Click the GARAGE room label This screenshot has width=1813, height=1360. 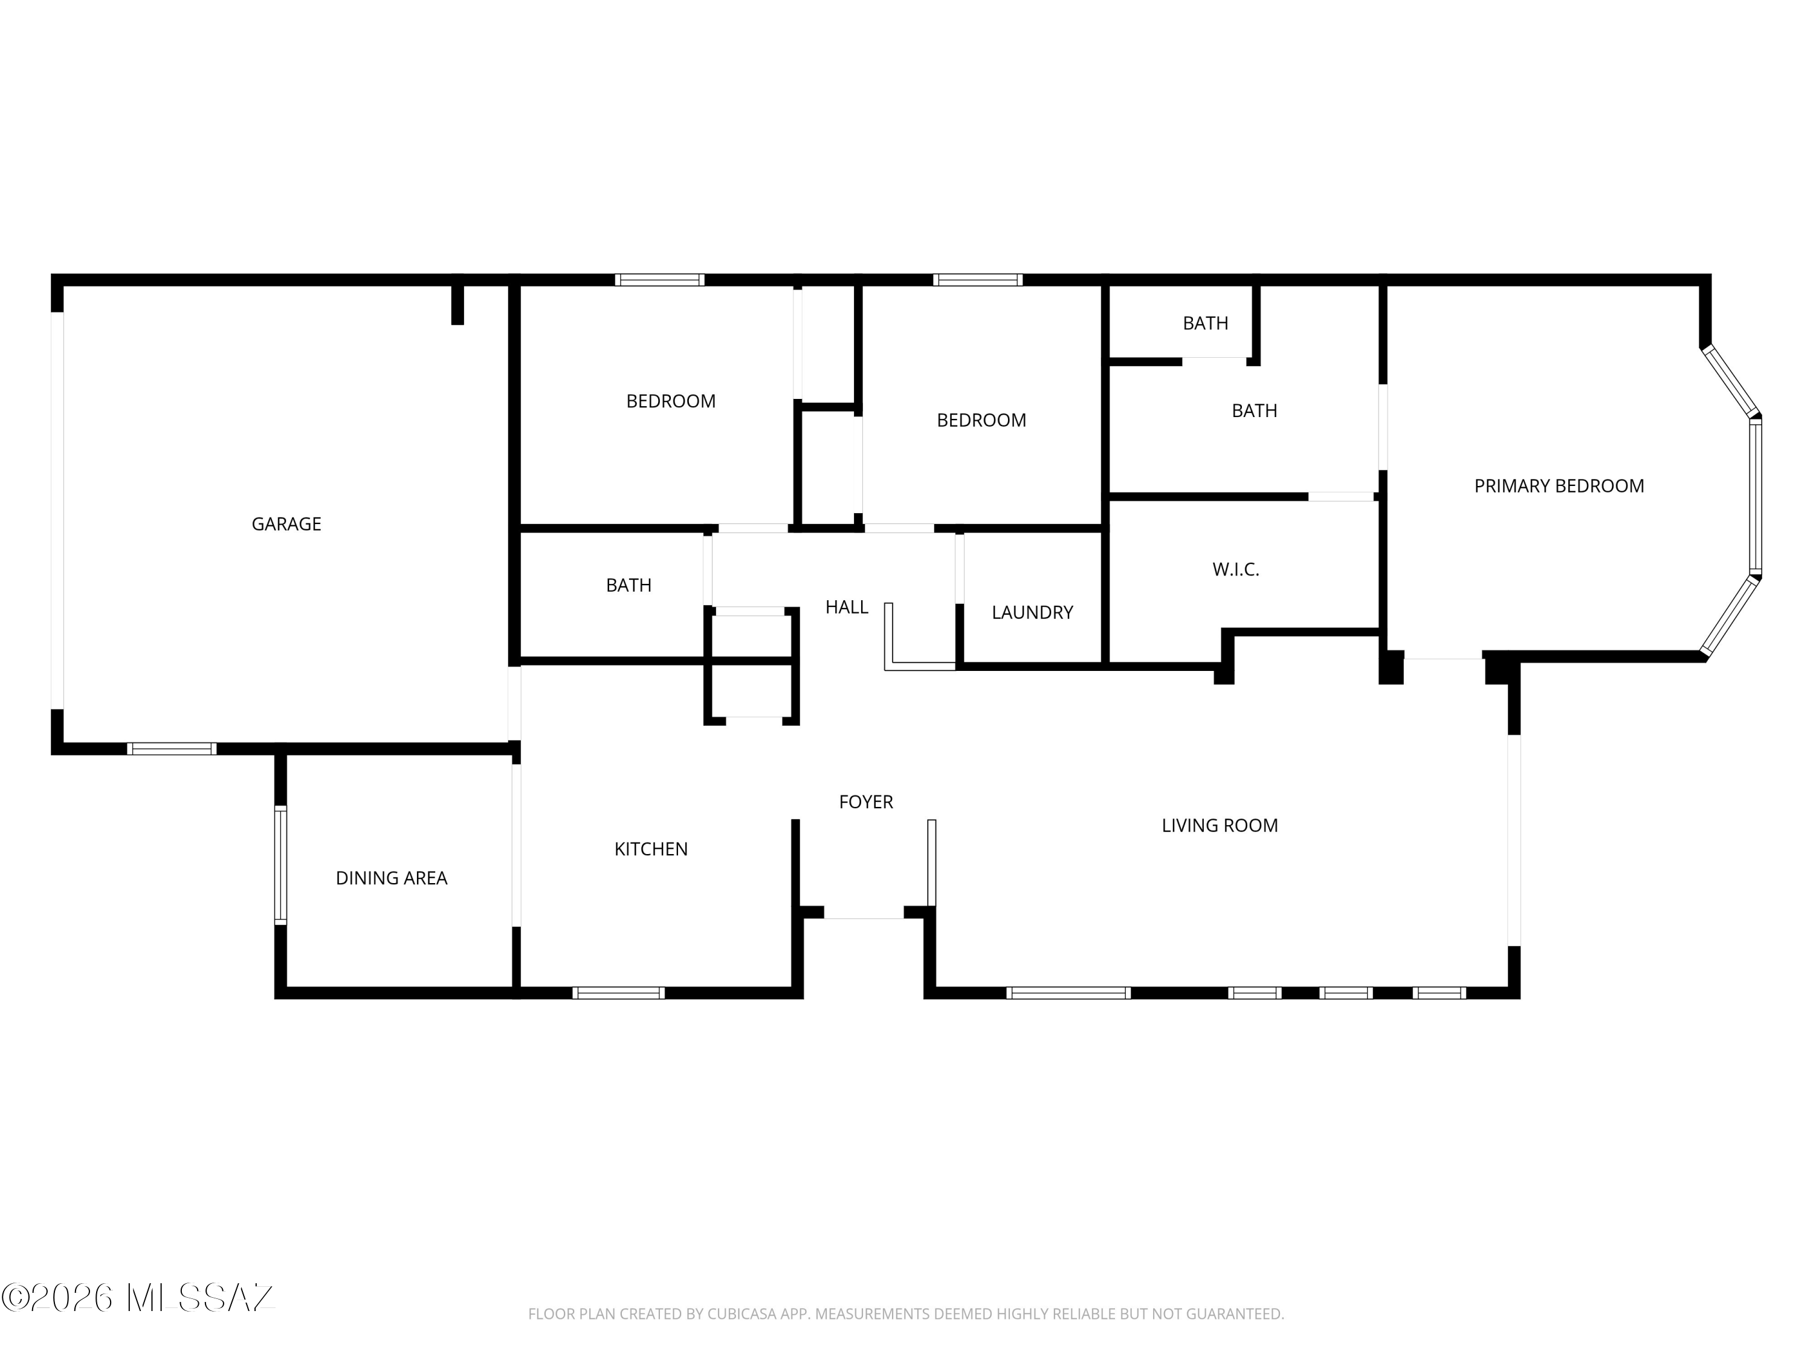pyautogui.click(x=286, y=524)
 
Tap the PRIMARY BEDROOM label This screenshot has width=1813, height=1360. pyautogui.click(x=1559, y=486)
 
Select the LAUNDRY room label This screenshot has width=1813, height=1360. pyautogui.click(x=1032, y=612)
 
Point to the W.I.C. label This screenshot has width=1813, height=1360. pyautogui.click(x=1236, y=569)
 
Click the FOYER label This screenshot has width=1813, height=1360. pyautogui.click(x=865, y=801)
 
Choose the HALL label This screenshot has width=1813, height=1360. pyautogui.click(x=847, y=607)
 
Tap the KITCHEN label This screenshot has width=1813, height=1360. pyautogui.click(x=651, y=849)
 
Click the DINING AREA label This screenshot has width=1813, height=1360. pyautogui.click(x=391, y=878)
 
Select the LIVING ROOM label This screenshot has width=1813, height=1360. pyautogui.click(x=1220, y=826)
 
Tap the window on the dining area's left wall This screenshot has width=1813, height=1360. pyautogui.click(x=280, y=865)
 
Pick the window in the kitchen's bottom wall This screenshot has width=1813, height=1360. pyautogui.click(x=619, y=992)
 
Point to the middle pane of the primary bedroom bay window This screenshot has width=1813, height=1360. pyautogui.click(x=1756, y=497)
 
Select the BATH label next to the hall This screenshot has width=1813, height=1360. pyautogui.click(x=629, y=585)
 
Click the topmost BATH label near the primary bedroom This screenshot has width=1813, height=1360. pyautogui.click(x=1205, y=324)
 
